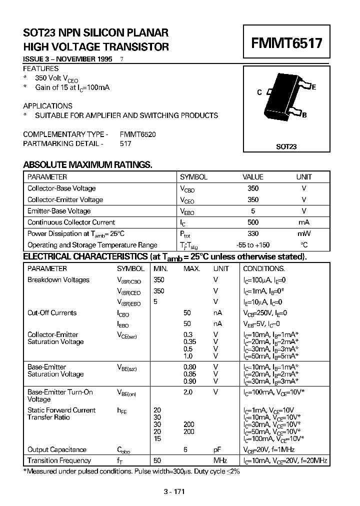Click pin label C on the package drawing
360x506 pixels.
259,92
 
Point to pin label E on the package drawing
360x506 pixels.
314,87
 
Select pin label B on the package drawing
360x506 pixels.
304,115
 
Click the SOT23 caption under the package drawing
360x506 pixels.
286,147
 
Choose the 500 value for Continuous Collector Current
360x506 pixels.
253,222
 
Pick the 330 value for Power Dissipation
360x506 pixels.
253,233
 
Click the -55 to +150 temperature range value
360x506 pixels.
253,245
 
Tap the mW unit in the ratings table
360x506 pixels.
303,233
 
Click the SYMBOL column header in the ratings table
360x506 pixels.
193,177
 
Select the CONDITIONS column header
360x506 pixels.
264,268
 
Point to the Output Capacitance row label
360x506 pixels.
57,449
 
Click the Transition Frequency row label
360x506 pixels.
59,460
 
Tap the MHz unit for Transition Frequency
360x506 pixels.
220,460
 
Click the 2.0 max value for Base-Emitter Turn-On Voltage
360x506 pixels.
188,392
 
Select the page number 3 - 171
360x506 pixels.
174,491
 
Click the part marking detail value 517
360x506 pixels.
125,143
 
